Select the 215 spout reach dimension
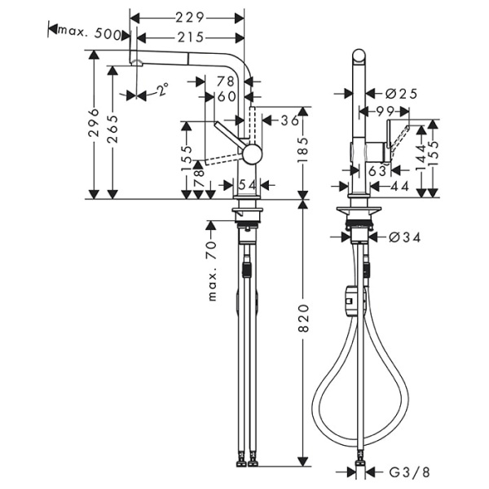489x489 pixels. coord(188,37)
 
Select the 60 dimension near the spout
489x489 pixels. coord(226,97)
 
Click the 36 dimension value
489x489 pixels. coord(290,121)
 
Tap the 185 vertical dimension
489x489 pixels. coord(303,151)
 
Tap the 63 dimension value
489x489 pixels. coord(376,170)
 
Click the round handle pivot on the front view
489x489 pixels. coord(253,152)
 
